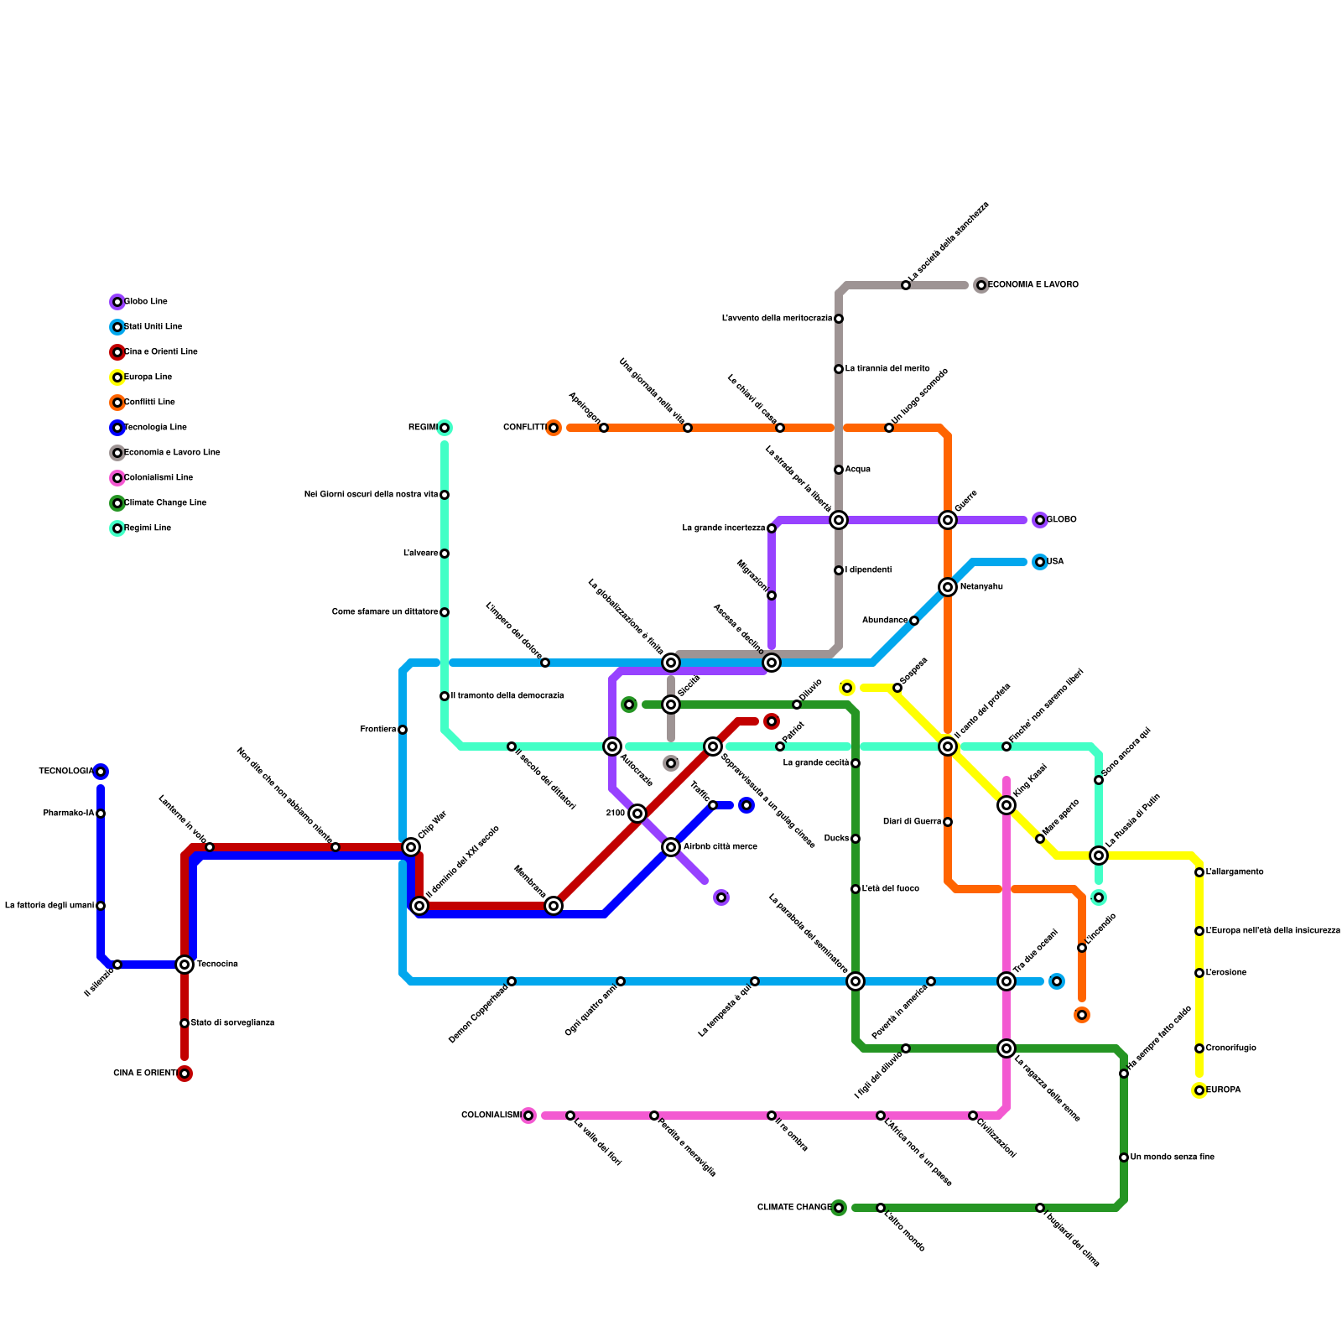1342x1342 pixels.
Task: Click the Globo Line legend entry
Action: coord(145,302)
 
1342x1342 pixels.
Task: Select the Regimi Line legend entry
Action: coord(147,528)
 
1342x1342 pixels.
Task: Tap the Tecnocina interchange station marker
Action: coord(185,965)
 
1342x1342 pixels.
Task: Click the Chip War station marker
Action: coord(411,847)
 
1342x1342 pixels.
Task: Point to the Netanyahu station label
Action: coord(981,587)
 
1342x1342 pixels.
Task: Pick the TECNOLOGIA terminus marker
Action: coord(101,772)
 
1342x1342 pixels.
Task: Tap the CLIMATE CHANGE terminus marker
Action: coord(839,1208)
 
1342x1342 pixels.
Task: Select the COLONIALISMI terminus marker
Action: coord(528,1116)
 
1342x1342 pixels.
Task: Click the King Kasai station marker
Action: coord(1006,805)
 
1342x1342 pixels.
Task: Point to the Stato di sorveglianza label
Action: coord(232,1023)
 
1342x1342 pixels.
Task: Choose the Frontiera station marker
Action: coord(403,730)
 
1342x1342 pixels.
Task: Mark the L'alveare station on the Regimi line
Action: coord(445,554)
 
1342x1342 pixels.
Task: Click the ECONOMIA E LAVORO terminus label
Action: coord(1033,285)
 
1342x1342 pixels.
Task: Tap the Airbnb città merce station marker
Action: coord(671,847)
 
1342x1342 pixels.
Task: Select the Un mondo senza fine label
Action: coord(1172,1157)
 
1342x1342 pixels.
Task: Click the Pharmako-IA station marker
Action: coord(101,814)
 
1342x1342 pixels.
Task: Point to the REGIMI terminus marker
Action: coord(445,428)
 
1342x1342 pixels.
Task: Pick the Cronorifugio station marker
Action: coord(1199,1048)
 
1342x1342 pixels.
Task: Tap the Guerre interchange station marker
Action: coord(948,520)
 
